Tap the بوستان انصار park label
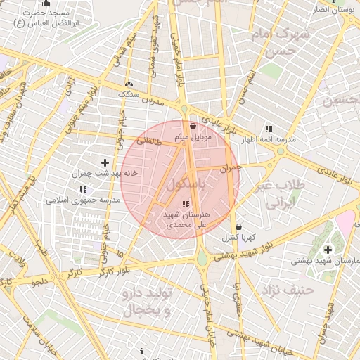(335, 10)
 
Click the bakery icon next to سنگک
(129, 83)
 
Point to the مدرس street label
(154, 101)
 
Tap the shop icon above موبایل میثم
(193, 126)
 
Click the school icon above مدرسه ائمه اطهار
(269, 129)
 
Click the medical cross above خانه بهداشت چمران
(105, 162)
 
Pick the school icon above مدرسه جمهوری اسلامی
(84, 189)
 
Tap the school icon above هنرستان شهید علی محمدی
(186, 204)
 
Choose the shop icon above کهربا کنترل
(238, 226)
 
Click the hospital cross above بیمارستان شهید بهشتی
(328, 249)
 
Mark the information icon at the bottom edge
(142, 351)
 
